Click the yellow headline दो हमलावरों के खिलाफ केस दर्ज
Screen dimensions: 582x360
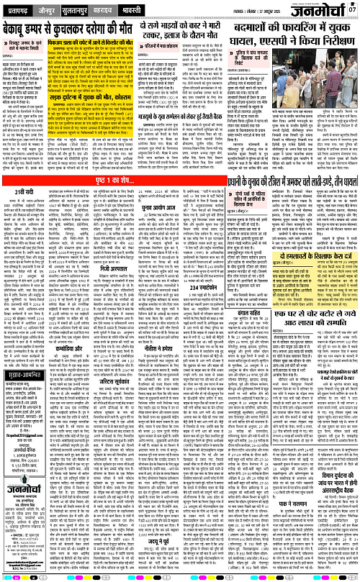tap(320, 307)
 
